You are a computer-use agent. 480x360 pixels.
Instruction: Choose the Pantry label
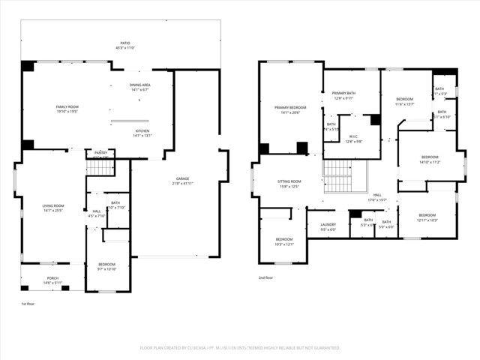(100, 152)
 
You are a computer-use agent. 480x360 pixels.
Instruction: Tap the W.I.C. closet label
(353, 139)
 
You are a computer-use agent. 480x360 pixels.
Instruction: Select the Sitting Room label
(289, 183)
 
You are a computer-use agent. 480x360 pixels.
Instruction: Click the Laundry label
(328, 226)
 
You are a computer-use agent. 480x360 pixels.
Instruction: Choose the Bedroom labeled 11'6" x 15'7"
(405, 101)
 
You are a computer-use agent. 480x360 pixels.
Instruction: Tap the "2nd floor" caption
(265, 277)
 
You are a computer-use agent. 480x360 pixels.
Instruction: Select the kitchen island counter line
(130, 121)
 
